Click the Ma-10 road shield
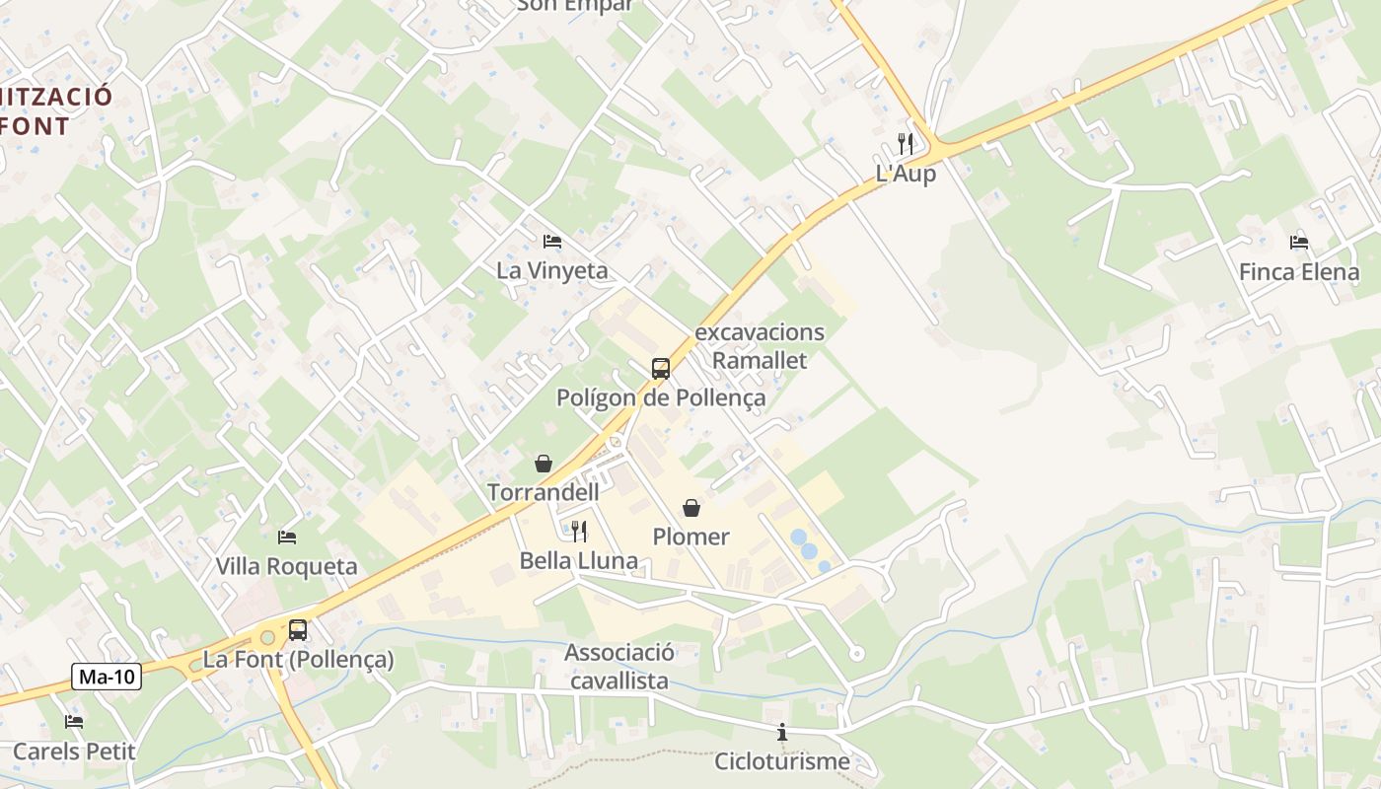click(108, 677)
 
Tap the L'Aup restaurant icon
click(906, 144)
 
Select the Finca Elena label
click(1299, 272)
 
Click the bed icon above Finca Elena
click(1299, 242)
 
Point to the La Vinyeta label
click(552, 270)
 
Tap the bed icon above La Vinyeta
click(552, 241)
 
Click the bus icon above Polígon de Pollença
click(661, 369)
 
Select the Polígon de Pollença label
click(661, 398)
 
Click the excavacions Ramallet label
click(760, 346)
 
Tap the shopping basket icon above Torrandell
click(544, 463)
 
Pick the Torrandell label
click(544, 492)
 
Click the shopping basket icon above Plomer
click(691, 508)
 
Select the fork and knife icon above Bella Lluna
click(579, 532)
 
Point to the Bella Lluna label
click(579, 561)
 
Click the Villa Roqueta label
click(287, 567)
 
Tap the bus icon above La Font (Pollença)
click(298, 629)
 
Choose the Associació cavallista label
click(619, 667)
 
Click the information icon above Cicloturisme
click(782, 732)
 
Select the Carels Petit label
click(74, 752)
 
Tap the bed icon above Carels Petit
click(74, 722)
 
